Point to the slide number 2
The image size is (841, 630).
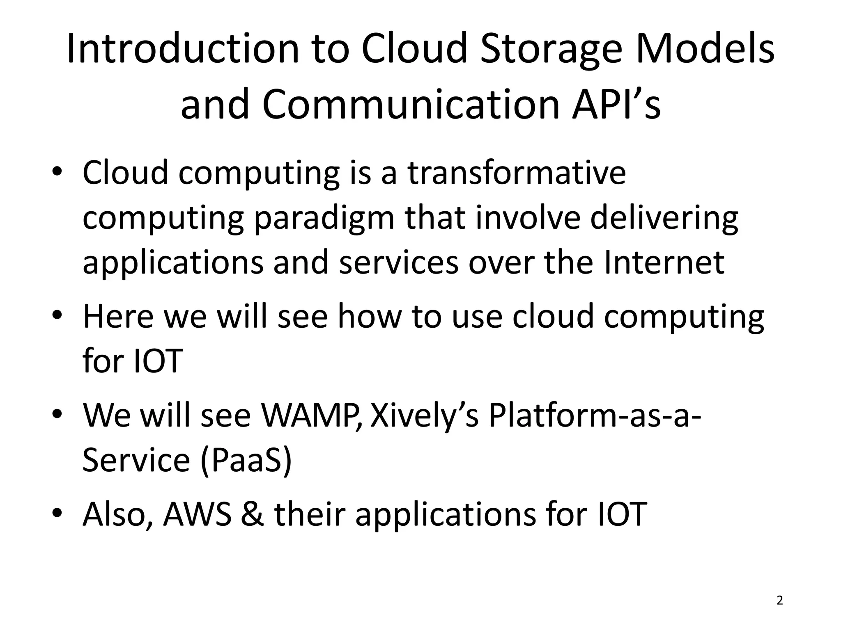tap(780, 600)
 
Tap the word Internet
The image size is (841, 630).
tap(664, 262)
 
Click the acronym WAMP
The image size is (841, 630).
tap(311, 415)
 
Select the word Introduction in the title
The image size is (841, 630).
tap(183, 49)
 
